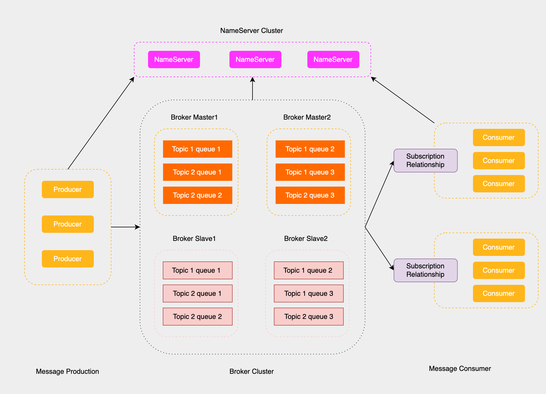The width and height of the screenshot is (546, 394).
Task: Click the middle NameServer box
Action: tap(255, 60)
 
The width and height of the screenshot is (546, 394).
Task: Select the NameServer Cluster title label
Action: tap(251, 31)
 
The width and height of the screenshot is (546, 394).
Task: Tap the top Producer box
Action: tap(68, 189)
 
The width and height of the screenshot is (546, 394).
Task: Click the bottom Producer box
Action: tap(68, 259)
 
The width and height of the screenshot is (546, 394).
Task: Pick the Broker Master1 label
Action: tap(194, 117)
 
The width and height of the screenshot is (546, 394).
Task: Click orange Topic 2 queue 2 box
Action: tap(197, 195)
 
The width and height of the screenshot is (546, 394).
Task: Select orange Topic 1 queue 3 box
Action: tap(310, 172)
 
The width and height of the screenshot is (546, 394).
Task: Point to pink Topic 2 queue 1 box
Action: tap(197, 293)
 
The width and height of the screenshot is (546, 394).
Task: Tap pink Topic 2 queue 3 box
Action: tap(308, 317)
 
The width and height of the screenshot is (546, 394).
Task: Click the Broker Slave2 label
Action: tap(306, 239)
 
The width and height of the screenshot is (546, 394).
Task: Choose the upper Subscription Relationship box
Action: tap(425, 161)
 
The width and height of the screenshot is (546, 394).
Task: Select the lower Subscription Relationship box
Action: tap(425, 270)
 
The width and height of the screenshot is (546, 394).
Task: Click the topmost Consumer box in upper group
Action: tap(498, 137)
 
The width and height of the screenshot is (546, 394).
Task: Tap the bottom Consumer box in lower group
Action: tap(498, 293)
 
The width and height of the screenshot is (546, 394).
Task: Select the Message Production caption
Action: tap(67, 371)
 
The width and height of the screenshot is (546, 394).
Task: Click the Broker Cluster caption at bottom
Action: tap(251, 371)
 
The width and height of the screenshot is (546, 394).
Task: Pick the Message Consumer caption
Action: tap(459, 369)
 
